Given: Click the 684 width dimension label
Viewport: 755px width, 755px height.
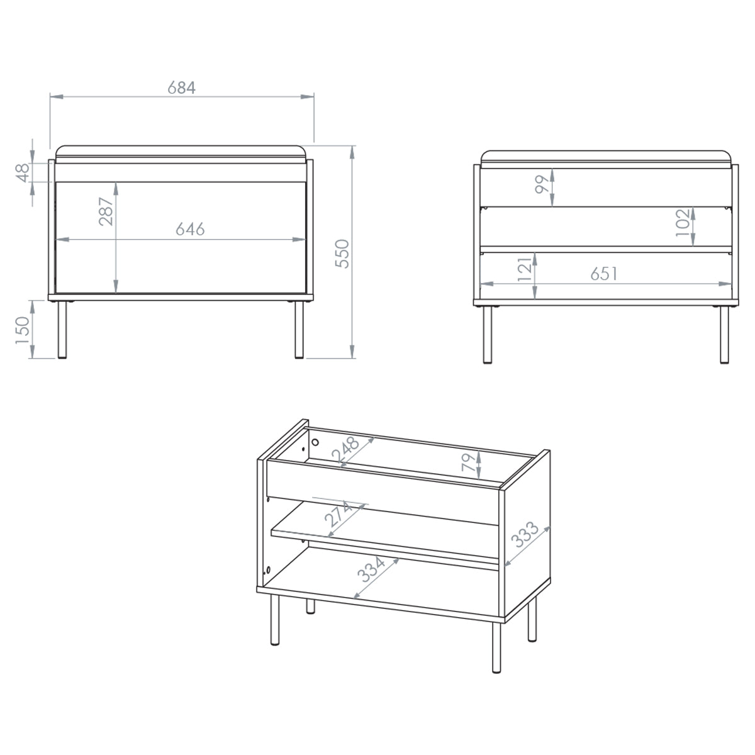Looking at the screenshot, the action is (181, 87).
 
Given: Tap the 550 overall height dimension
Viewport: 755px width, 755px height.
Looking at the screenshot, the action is (342, 254).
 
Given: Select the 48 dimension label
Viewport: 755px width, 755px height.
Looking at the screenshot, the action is (23, 173).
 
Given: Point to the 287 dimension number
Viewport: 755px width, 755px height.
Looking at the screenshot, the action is (106, 211).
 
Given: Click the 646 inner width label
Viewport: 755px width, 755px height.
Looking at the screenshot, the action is (190, 229).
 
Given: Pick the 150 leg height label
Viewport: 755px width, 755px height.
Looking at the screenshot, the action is (22, 331).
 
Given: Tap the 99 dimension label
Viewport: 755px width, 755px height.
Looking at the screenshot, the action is (542, 184).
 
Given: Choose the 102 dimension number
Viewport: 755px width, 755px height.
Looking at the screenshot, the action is (683, 223).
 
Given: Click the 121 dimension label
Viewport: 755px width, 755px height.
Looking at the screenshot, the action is (525, 269).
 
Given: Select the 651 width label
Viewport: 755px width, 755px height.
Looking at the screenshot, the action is (604, 274).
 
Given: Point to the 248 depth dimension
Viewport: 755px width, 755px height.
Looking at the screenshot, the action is (345, 450).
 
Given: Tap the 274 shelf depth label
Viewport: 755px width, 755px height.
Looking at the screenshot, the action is (339, 513).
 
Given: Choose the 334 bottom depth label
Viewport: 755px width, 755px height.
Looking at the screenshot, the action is (371, 569).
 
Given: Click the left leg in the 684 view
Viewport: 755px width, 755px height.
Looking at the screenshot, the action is (62, 330).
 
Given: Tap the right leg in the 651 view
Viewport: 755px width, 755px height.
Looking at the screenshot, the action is (724, 335).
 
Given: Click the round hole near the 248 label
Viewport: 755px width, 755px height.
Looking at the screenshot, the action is (315, 442).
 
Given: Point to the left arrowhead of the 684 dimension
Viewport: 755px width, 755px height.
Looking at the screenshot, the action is (57, 96).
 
